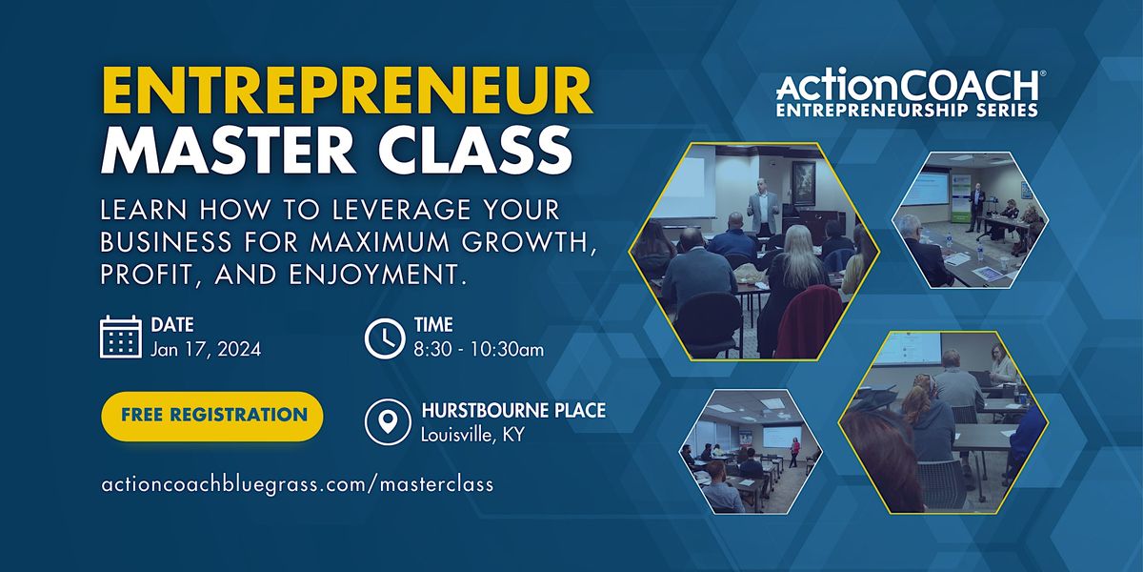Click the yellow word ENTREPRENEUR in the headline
click(347, 92)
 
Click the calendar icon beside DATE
click(121, 337)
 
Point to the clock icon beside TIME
click(385, 338)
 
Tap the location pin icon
click(388, 422)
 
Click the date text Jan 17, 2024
click(206, 349)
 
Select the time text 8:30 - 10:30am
click(478, 350)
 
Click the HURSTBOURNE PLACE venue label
click(513, 411)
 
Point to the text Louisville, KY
click(472, 435)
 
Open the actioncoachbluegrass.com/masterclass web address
click(297, 483)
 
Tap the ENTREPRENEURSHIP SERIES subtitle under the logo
click(907, 110)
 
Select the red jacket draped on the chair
click(809, 322)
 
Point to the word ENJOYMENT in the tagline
click(374, 275)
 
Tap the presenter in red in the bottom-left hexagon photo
click(795, 452)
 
